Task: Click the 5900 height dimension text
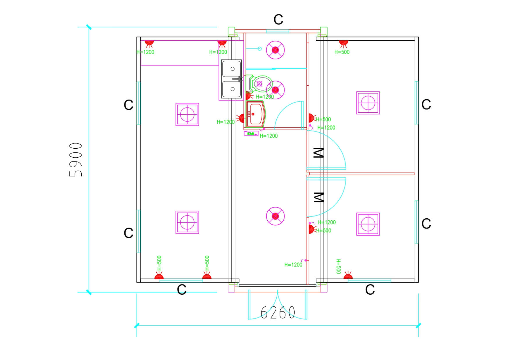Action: [x=76, y=159]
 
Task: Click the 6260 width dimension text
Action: [x=278, y=312]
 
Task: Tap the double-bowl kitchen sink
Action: [x=232, y=79]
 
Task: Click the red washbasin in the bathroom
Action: [x=255, y=114]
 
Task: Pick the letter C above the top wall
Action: [x=278, y=20]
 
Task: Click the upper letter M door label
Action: [x=318, y=153]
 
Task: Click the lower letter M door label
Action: [x=318, y=197]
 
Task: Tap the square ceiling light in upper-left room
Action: [x=187, y=114]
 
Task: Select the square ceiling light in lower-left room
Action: [x=187, y=222]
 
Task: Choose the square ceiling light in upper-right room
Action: [x=368, y=103]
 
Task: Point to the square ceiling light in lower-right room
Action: [x=368, y=224]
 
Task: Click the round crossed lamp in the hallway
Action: [x=275, y=216]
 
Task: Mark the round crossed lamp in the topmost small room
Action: [x=275, y=50]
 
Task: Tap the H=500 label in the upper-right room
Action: [x=342, y=52]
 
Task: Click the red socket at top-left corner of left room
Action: [x=149, y=43]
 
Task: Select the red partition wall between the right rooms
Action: [x=362, y=174]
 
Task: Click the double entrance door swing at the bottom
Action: [x=278, y=305]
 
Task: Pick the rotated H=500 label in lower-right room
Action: [x=338, y=267]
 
